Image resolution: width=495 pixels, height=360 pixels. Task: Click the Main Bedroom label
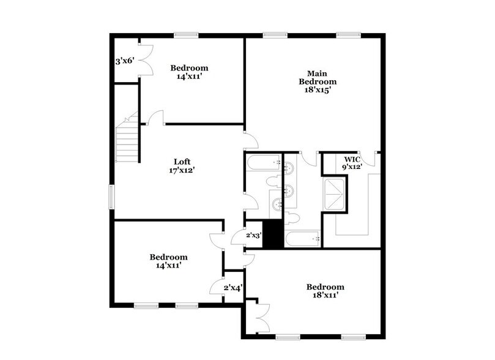coord(318,77)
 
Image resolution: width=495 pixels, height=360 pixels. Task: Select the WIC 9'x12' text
coord(351,163)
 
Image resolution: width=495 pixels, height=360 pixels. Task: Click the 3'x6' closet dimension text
coord(124,62)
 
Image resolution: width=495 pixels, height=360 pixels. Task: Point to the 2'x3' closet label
coord(254,235)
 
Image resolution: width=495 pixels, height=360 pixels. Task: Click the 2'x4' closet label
coord(233,287)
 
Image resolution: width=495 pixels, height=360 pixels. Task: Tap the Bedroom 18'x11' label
coord(325,291)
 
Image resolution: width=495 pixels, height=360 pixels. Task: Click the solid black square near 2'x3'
coord(272,234)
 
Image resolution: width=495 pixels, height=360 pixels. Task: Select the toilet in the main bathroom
coord(291,218)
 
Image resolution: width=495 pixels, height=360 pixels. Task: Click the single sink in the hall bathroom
coord(278,204)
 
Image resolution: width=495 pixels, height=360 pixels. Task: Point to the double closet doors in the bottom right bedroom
coord(261,317)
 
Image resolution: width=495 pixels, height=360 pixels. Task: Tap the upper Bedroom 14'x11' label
coord(189,73)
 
